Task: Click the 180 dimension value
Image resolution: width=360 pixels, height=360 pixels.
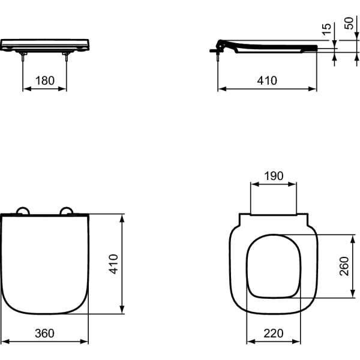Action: [45, 80]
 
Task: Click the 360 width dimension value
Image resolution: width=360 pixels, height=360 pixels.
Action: [44, 333]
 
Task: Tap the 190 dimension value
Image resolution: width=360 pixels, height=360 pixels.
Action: [274, 176]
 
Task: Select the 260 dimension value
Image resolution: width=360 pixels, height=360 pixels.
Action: [344, 266]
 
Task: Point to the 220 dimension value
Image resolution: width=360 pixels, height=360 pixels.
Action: [274, 334]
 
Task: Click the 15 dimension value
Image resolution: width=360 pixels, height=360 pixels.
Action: [326, 29]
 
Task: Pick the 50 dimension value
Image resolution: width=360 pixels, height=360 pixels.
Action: [349, 23]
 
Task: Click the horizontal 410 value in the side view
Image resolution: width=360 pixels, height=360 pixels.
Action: [267, 80]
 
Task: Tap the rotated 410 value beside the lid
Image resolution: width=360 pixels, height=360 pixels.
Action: [113, 264]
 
